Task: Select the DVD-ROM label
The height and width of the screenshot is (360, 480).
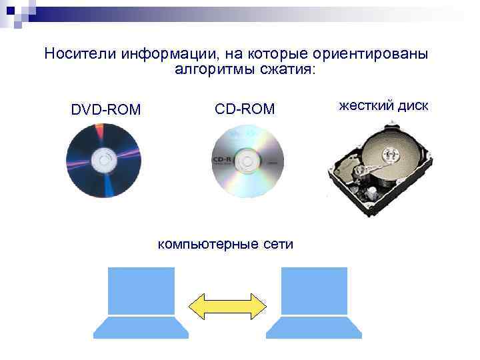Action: [106, 109]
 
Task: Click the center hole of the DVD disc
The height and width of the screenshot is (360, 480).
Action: [103, 161]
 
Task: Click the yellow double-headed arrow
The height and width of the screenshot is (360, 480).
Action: [227, 305]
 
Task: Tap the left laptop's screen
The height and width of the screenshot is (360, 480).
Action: [141, 291]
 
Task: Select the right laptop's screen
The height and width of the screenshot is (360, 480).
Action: [314, 291]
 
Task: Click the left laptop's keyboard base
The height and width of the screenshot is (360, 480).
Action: [141, 327]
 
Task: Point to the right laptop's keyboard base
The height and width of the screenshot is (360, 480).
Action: [314, 327]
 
